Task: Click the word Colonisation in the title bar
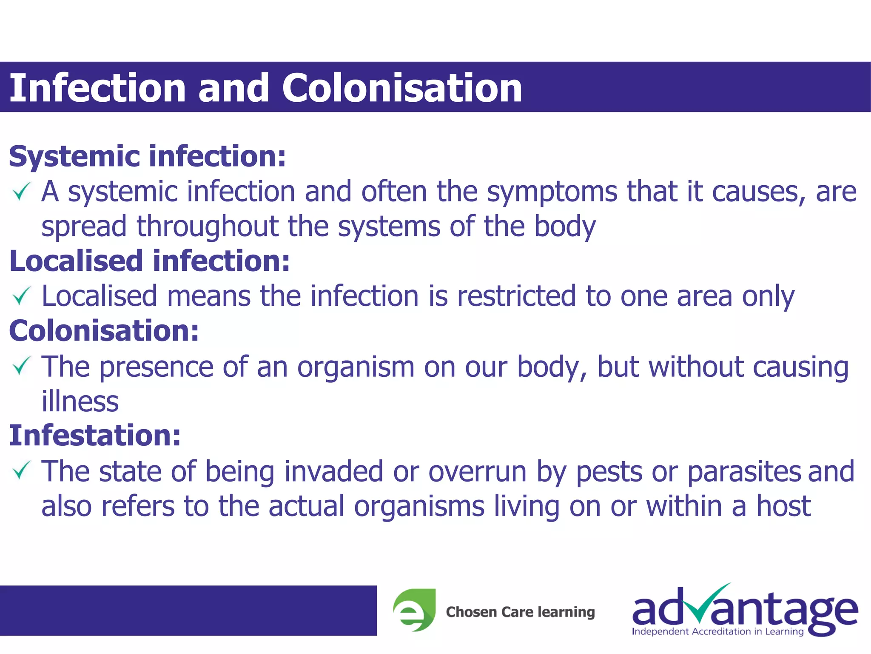pos(402,88)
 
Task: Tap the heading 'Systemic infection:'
pos(147,156)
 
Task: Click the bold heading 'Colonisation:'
pos(104,330)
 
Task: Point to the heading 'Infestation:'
pos(95,435)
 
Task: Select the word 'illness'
pos(80,401)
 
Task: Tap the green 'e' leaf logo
pos(414,610)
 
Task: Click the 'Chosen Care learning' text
pos(520,612)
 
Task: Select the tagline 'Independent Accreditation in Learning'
pos(717,631)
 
